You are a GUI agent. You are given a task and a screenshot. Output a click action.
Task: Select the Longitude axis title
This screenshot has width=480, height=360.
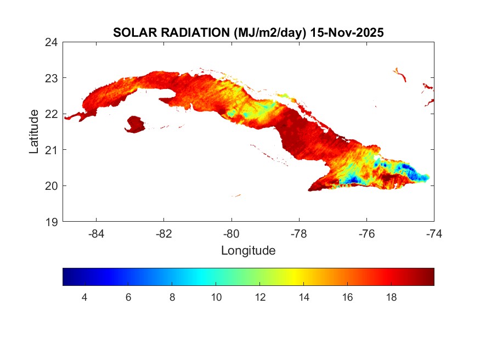pos(248,251)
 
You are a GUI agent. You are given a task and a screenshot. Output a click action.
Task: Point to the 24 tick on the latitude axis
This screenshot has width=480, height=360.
pos(52,42)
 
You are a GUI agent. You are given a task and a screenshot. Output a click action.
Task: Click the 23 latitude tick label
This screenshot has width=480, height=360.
pos(52,78)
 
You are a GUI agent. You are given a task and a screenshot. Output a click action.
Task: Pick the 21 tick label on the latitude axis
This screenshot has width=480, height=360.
pos(52,149)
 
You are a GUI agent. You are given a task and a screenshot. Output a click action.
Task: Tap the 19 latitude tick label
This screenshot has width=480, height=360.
pos(52,222)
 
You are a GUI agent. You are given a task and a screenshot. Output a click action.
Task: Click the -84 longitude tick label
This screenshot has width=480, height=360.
pos(96,233)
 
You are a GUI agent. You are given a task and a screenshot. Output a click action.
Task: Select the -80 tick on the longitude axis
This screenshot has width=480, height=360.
pos(231,233)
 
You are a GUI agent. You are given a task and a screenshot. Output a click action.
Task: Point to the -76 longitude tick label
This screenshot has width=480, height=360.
pos(366,233)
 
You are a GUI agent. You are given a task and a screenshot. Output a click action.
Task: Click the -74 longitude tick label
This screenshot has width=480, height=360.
pos(434,233)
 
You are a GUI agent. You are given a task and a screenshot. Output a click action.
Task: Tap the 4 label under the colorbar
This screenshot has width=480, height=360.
pos(84,297)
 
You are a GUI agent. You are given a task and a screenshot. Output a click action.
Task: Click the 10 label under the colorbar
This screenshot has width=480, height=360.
pos(216,297)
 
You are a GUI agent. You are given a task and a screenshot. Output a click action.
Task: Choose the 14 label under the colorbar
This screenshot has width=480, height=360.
pos(304,297)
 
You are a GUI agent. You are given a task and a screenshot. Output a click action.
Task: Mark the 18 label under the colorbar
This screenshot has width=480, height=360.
pos(392,297)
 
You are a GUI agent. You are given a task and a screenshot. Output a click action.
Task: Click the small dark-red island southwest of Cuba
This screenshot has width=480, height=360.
pos(135,124)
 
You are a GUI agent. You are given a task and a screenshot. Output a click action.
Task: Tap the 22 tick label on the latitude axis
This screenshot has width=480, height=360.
pos(52,114)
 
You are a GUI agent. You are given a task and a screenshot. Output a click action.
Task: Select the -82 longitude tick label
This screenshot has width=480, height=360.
pos(163,233)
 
